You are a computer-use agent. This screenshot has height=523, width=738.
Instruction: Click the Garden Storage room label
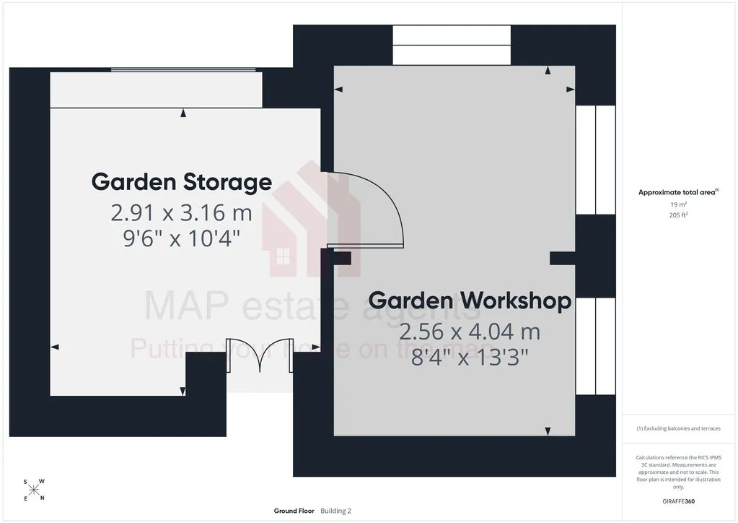coord(182,182)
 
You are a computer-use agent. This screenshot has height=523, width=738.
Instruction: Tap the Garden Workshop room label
coord(470,301)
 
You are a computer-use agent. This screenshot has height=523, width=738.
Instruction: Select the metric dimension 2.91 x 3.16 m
coord(182,213)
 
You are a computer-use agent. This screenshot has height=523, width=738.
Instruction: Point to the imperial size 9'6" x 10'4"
coord(182,238)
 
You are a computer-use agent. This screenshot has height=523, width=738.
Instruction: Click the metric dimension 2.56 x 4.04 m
coord(470,332)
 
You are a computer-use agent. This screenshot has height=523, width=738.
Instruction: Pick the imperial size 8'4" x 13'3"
coord(470,357)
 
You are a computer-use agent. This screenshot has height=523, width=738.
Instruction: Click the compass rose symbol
coord(34,490)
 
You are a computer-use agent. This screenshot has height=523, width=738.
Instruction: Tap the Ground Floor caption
coord(294,511)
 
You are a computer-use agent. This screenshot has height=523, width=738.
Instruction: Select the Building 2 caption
coord(336,511)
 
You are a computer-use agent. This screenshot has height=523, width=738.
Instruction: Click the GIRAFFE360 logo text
coord(678,501)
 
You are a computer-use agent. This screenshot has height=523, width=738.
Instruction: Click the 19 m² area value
coord(678,204)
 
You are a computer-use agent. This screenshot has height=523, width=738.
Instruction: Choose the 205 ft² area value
coord(678,215)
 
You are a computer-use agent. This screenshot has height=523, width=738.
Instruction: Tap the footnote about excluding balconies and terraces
coord(678,428)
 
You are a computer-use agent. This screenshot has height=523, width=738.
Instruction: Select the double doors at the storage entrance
coord(260,355)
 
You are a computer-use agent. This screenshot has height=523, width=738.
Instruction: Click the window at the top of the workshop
coord(452,46)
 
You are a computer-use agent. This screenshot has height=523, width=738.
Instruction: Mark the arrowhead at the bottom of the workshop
coord(548,431)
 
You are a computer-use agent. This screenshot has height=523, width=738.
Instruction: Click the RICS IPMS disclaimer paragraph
coord(678,472)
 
